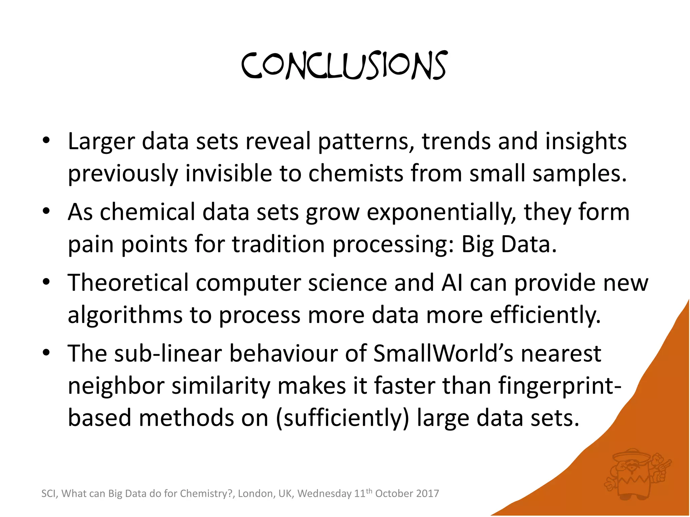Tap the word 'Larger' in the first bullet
[101, 141]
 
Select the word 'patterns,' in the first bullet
[366, 141]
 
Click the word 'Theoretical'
[128, 283]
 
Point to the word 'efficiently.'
[545, 315]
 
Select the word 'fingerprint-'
[560, 386]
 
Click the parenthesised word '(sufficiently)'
[342, 418]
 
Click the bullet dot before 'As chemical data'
[46, 211]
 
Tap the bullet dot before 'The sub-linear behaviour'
[46, 353]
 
